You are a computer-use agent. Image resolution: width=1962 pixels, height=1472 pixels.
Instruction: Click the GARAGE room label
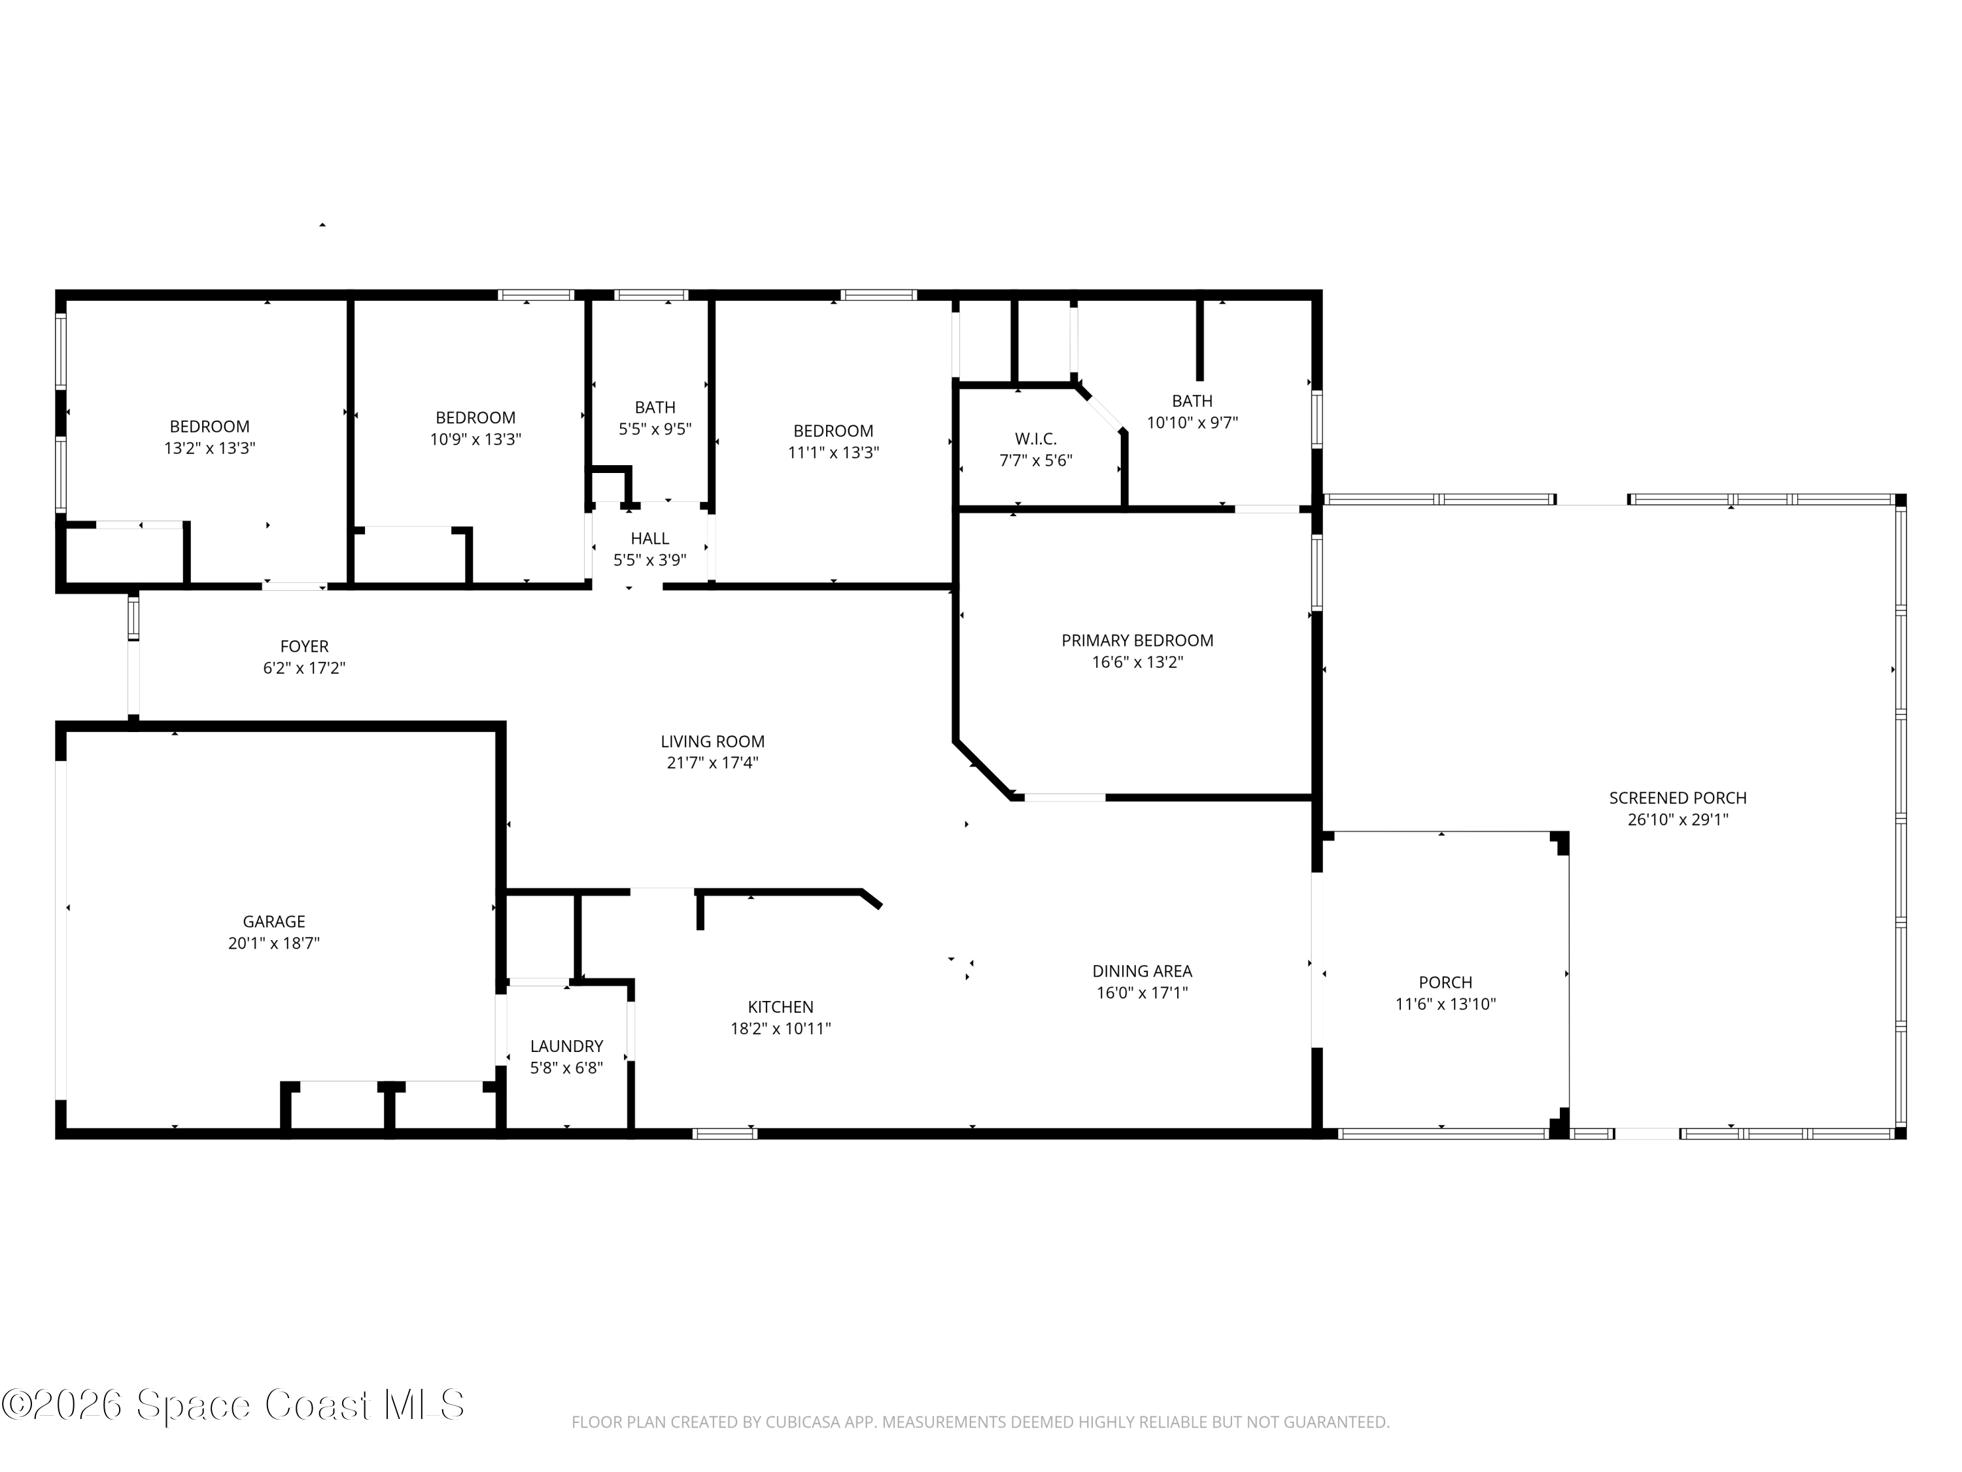[273, 922]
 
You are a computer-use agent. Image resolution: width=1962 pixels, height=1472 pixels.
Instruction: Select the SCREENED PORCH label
[1678, 797]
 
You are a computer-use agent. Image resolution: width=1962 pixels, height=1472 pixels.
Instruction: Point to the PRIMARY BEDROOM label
[1137, 640]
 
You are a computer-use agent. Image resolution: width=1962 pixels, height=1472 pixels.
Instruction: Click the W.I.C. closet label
[1035, 439]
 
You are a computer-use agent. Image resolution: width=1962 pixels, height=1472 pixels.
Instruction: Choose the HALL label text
[649, 538]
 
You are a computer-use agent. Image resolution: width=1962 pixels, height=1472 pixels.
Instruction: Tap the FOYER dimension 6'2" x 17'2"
[303, 668]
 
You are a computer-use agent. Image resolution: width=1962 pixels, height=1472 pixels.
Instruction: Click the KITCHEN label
[780, 1007]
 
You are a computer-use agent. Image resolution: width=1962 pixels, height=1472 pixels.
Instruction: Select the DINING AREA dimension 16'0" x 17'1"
[1141, 993]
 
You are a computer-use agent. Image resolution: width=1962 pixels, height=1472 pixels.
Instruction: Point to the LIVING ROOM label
[712, 742]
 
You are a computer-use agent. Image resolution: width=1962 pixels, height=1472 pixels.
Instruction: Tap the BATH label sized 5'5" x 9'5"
[655, 408]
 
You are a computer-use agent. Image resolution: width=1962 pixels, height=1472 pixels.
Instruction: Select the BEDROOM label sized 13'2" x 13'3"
[209, 427]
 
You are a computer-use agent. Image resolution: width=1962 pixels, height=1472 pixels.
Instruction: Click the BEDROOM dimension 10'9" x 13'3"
[475, 439]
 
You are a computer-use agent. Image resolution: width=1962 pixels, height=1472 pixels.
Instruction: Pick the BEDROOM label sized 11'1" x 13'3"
[833, 431]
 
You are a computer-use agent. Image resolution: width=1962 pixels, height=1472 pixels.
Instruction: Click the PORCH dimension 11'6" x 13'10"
[1445, 1004]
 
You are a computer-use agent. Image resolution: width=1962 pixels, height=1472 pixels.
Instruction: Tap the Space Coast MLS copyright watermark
[232, 1405]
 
